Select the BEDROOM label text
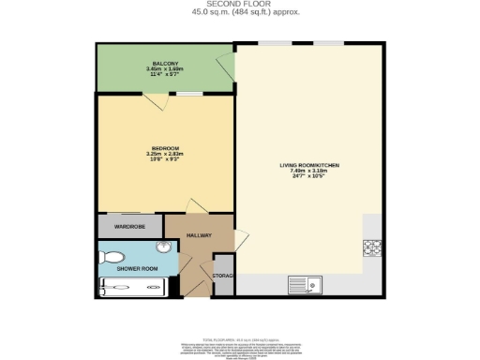point(165,147)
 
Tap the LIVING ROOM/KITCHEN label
point(309,166)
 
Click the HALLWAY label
point(199,236)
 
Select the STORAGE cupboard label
point(223,276)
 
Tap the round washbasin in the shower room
point(163,248)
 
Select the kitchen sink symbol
point(306,283)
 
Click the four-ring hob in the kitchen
point(370,248)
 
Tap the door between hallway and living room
point(240,238)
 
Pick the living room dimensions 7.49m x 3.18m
point(309,172)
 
